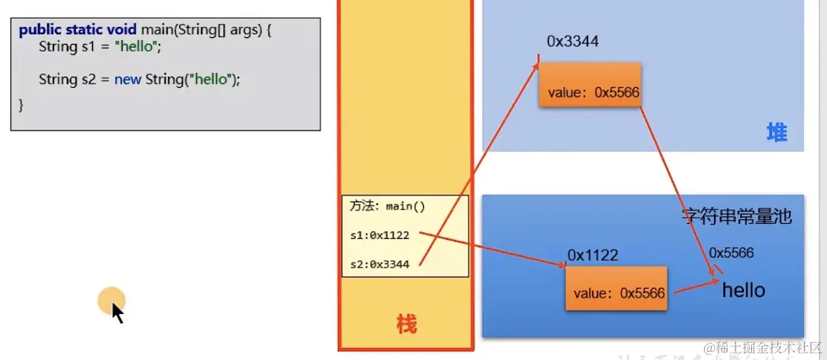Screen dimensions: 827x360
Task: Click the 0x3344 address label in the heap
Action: [x=573, y=42]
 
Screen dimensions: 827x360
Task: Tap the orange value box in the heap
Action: [x=589, y=85]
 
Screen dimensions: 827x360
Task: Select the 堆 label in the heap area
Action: [x=776, y=133]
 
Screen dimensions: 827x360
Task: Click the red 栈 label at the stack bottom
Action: [x=406, y=324]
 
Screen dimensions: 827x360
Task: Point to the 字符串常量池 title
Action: [x=737, y=216]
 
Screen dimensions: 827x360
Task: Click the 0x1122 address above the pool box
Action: [x=593, y=255]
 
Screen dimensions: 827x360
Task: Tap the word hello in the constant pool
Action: [x=743, y=289]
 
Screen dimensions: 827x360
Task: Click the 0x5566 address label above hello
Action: [x=731, y=253]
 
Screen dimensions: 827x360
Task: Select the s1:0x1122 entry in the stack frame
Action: [x=379, y=235]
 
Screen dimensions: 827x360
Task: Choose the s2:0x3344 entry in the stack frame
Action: [x=379, y=263]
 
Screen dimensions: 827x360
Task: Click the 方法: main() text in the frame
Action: [x=387, y=207]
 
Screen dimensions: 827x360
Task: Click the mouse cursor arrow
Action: [x=117, y=311]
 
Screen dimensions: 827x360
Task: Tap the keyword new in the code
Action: [x=127, y=79]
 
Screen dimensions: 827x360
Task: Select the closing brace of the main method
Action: [x=21, y=105]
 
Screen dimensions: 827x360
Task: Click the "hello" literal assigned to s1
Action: [x=135, y=46]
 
